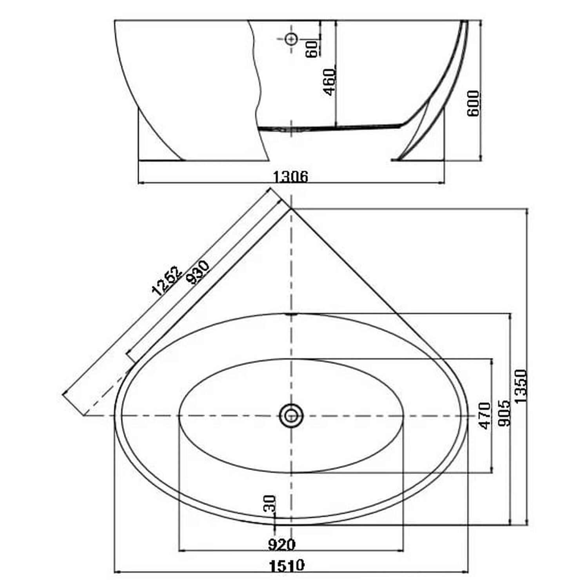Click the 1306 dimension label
[x=290, y=177]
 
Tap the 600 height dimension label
[x=473, y=103]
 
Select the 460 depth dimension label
[x=330, y=82]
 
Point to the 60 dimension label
[x=312, y=49]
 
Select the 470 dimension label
[x=485, y=416]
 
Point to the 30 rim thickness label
[x=270, y=503]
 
